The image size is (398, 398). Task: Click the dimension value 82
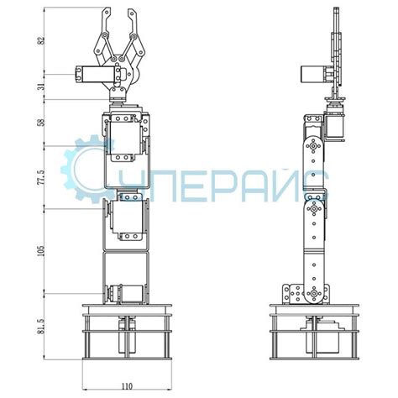click(42, 40)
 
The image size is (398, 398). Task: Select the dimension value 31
click(42, 86)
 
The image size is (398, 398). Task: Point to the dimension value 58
click(42, 123)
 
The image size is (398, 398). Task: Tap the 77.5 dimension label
click(42, 177)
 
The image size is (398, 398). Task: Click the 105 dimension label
click(42, 251)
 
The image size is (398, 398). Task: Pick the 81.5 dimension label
click(42, 327)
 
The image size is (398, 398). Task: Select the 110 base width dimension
click(127, 387)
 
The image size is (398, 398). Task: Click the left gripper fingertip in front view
click(107, 10)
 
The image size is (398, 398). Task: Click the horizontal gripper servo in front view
click(97, 75)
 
